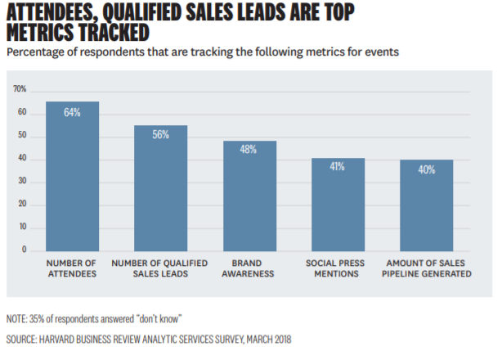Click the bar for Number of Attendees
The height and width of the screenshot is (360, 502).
pos(72,176)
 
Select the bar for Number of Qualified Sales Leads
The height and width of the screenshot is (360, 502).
pos(160,188)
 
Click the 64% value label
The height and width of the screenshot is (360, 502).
pos(72,113)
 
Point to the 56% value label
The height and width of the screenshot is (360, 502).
pos(160,135)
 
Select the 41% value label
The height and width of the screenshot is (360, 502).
pos(338,167)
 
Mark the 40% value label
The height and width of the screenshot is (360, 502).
pos(426,169)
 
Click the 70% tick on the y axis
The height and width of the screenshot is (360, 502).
pos(20,88)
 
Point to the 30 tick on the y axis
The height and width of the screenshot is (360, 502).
pos(22,180)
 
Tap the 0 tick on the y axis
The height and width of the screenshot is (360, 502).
pos(25,249)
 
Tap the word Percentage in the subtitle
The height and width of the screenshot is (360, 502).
pos(37,52)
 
